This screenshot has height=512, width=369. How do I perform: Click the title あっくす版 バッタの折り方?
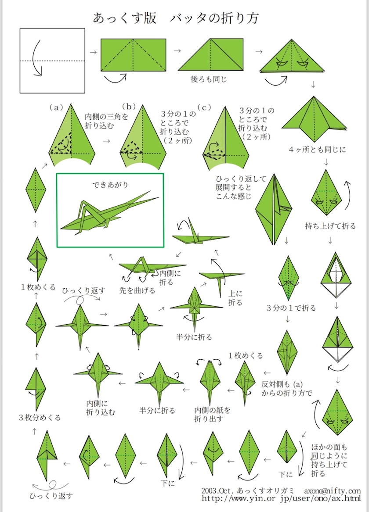(176, 18)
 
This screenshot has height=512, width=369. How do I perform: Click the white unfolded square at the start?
(52, 61)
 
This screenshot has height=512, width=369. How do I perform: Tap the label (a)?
(56, 107)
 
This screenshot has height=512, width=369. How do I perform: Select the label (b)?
(129, 107)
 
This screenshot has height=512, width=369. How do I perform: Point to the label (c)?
(204, 107)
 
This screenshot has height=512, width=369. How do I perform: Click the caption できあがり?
(110, 185)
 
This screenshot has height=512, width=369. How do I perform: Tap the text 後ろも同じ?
(209, 79)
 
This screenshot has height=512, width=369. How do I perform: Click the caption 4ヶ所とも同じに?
(317, 150)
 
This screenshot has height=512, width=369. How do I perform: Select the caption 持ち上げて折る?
(330, 226)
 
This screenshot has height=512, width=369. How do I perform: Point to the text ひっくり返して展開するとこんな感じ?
(241, 187)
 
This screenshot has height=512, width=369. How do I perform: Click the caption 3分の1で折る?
(291, 308)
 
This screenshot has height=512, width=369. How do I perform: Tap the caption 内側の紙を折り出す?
(213, 414)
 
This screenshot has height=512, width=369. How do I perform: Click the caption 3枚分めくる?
(40, 418)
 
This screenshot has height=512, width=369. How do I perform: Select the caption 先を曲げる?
(137, 290)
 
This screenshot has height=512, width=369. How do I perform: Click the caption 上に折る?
(235, 298)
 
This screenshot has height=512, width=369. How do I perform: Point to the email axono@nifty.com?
(333, 491)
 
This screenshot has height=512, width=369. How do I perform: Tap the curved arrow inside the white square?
(37, 58)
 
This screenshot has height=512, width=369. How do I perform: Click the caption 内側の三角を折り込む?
(107, 121)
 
